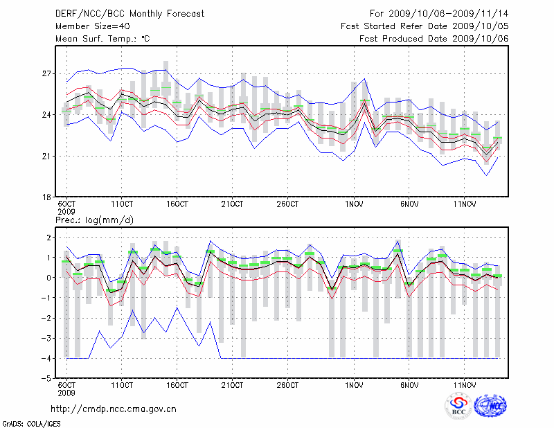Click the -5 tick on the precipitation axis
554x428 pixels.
point(47,379)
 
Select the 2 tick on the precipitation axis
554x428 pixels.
point(48,238)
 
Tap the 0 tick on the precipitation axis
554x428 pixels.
point(48,278)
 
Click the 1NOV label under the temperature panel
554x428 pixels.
point(354,204)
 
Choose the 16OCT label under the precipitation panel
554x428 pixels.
point(177,385)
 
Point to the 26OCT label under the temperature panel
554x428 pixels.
point(287,204)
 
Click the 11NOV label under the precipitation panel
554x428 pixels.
point(465,385)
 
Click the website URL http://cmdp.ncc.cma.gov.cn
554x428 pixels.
point(114,409)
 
